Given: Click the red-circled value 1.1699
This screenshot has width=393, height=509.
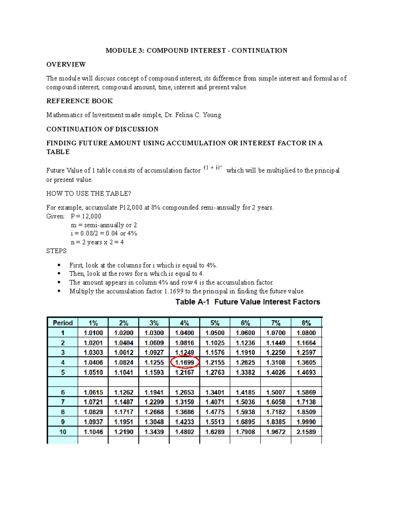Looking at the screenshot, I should pos(185,362).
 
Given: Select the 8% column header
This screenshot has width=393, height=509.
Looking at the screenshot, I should pos(306,323).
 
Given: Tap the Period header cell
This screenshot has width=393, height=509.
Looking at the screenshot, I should pos(63,323).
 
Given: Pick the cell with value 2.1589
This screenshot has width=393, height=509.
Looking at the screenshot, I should pos(306,432).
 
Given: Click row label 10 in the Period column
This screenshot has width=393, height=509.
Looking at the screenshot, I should pos(63,432).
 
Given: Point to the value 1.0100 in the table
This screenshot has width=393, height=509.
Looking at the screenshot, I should pos(93,333).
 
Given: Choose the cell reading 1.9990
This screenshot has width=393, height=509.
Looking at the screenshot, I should pos(306,422).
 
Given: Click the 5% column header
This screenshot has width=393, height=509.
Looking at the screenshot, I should pos(215,323).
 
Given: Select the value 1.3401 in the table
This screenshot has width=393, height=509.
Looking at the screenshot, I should pos(215,392).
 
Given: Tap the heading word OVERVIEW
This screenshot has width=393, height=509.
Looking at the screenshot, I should pos(66,64).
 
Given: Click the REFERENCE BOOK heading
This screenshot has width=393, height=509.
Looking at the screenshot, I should pos(80,101).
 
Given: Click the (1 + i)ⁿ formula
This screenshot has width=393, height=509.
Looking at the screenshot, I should pos(213,168).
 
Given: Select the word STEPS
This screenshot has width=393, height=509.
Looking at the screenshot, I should pos(56,251).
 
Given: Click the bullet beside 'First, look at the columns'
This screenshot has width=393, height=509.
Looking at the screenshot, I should pos(59,265).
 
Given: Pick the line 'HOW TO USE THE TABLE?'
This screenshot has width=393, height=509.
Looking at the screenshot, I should pos(88,194).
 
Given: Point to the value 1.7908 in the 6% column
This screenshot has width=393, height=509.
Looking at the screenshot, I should pos(245,432).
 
